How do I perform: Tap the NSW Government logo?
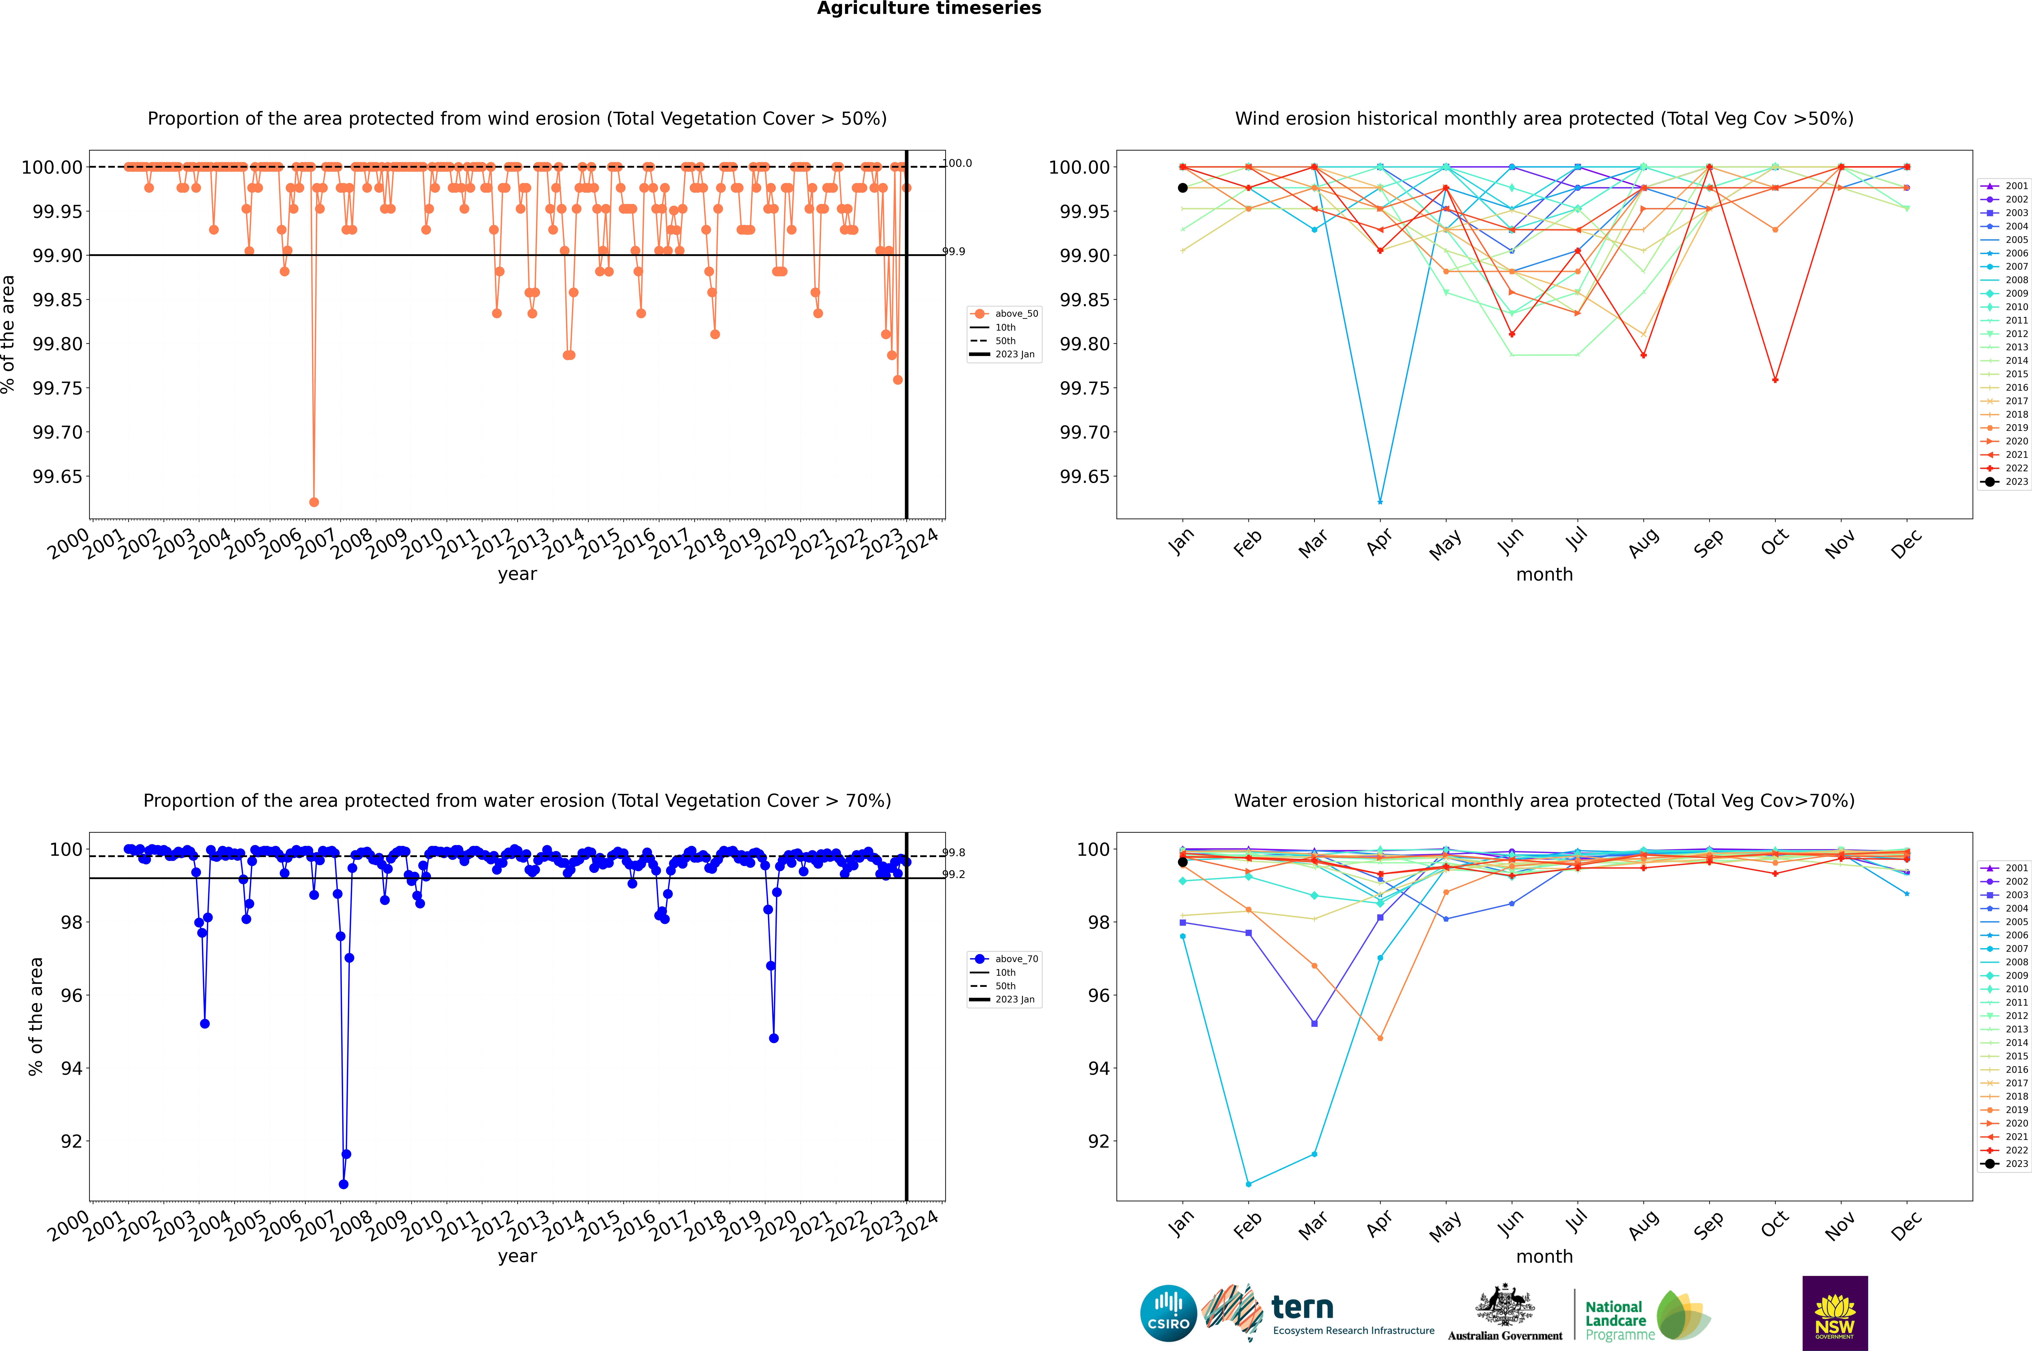[x=1835, y=1313]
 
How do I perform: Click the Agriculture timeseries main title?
[x=929, y=9]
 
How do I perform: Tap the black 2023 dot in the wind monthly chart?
[x=1183, y=188]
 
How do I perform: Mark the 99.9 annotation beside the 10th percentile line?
[x=954, y=252]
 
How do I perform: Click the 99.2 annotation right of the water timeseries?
[x=954, y=875]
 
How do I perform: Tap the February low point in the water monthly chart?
[x=1248, y=1184]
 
